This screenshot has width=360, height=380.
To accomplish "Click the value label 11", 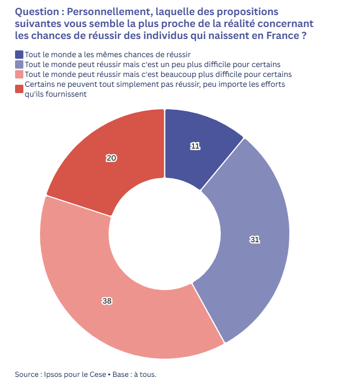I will coord(195,147).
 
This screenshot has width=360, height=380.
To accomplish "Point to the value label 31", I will coord(255,240).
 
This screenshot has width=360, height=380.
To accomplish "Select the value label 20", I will coord(111,159).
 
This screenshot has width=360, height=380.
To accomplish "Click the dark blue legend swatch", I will coord(19,54).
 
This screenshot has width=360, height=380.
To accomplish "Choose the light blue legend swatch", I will coord(19,64).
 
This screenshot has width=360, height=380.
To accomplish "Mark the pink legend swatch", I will coord(19,74).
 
